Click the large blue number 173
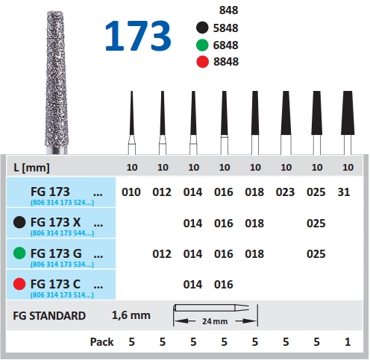point(138,36)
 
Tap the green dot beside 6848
point(202,45)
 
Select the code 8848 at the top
point(226,62)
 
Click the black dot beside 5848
point(202,28)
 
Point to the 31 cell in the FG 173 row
point(344,192)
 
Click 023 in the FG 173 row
point(285,192)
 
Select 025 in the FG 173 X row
point(316,223)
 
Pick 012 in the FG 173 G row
point(162,254)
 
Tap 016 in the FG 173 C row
point(224,285)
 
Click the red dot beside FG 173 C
point(19,284)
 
